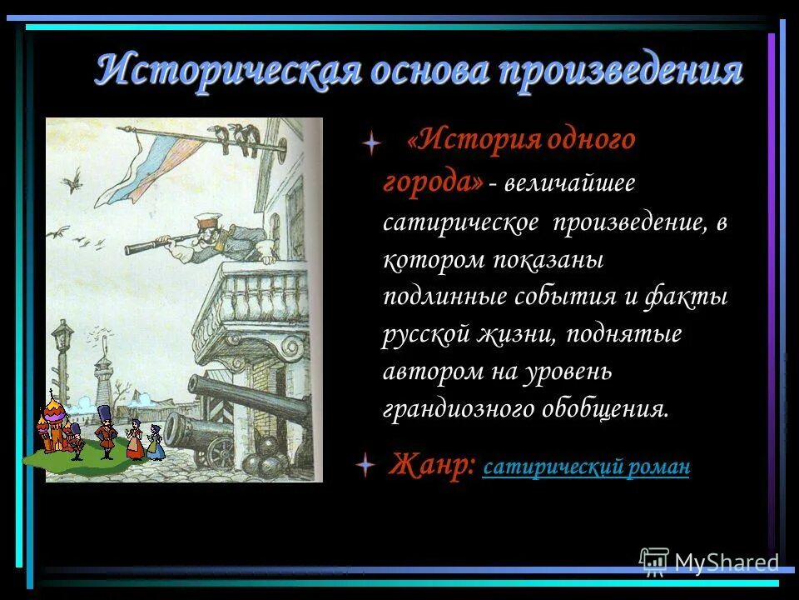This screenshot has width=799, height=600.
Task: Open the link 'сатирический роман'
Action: coord(586,467)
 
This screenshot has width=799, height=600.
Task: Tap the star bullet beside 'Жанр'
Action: coord(365,466)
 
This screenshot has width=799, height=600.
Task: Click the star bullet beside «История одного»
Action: coord(371,143)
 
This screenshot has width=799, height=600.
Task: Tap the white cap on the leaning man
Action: coord(206,219)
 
